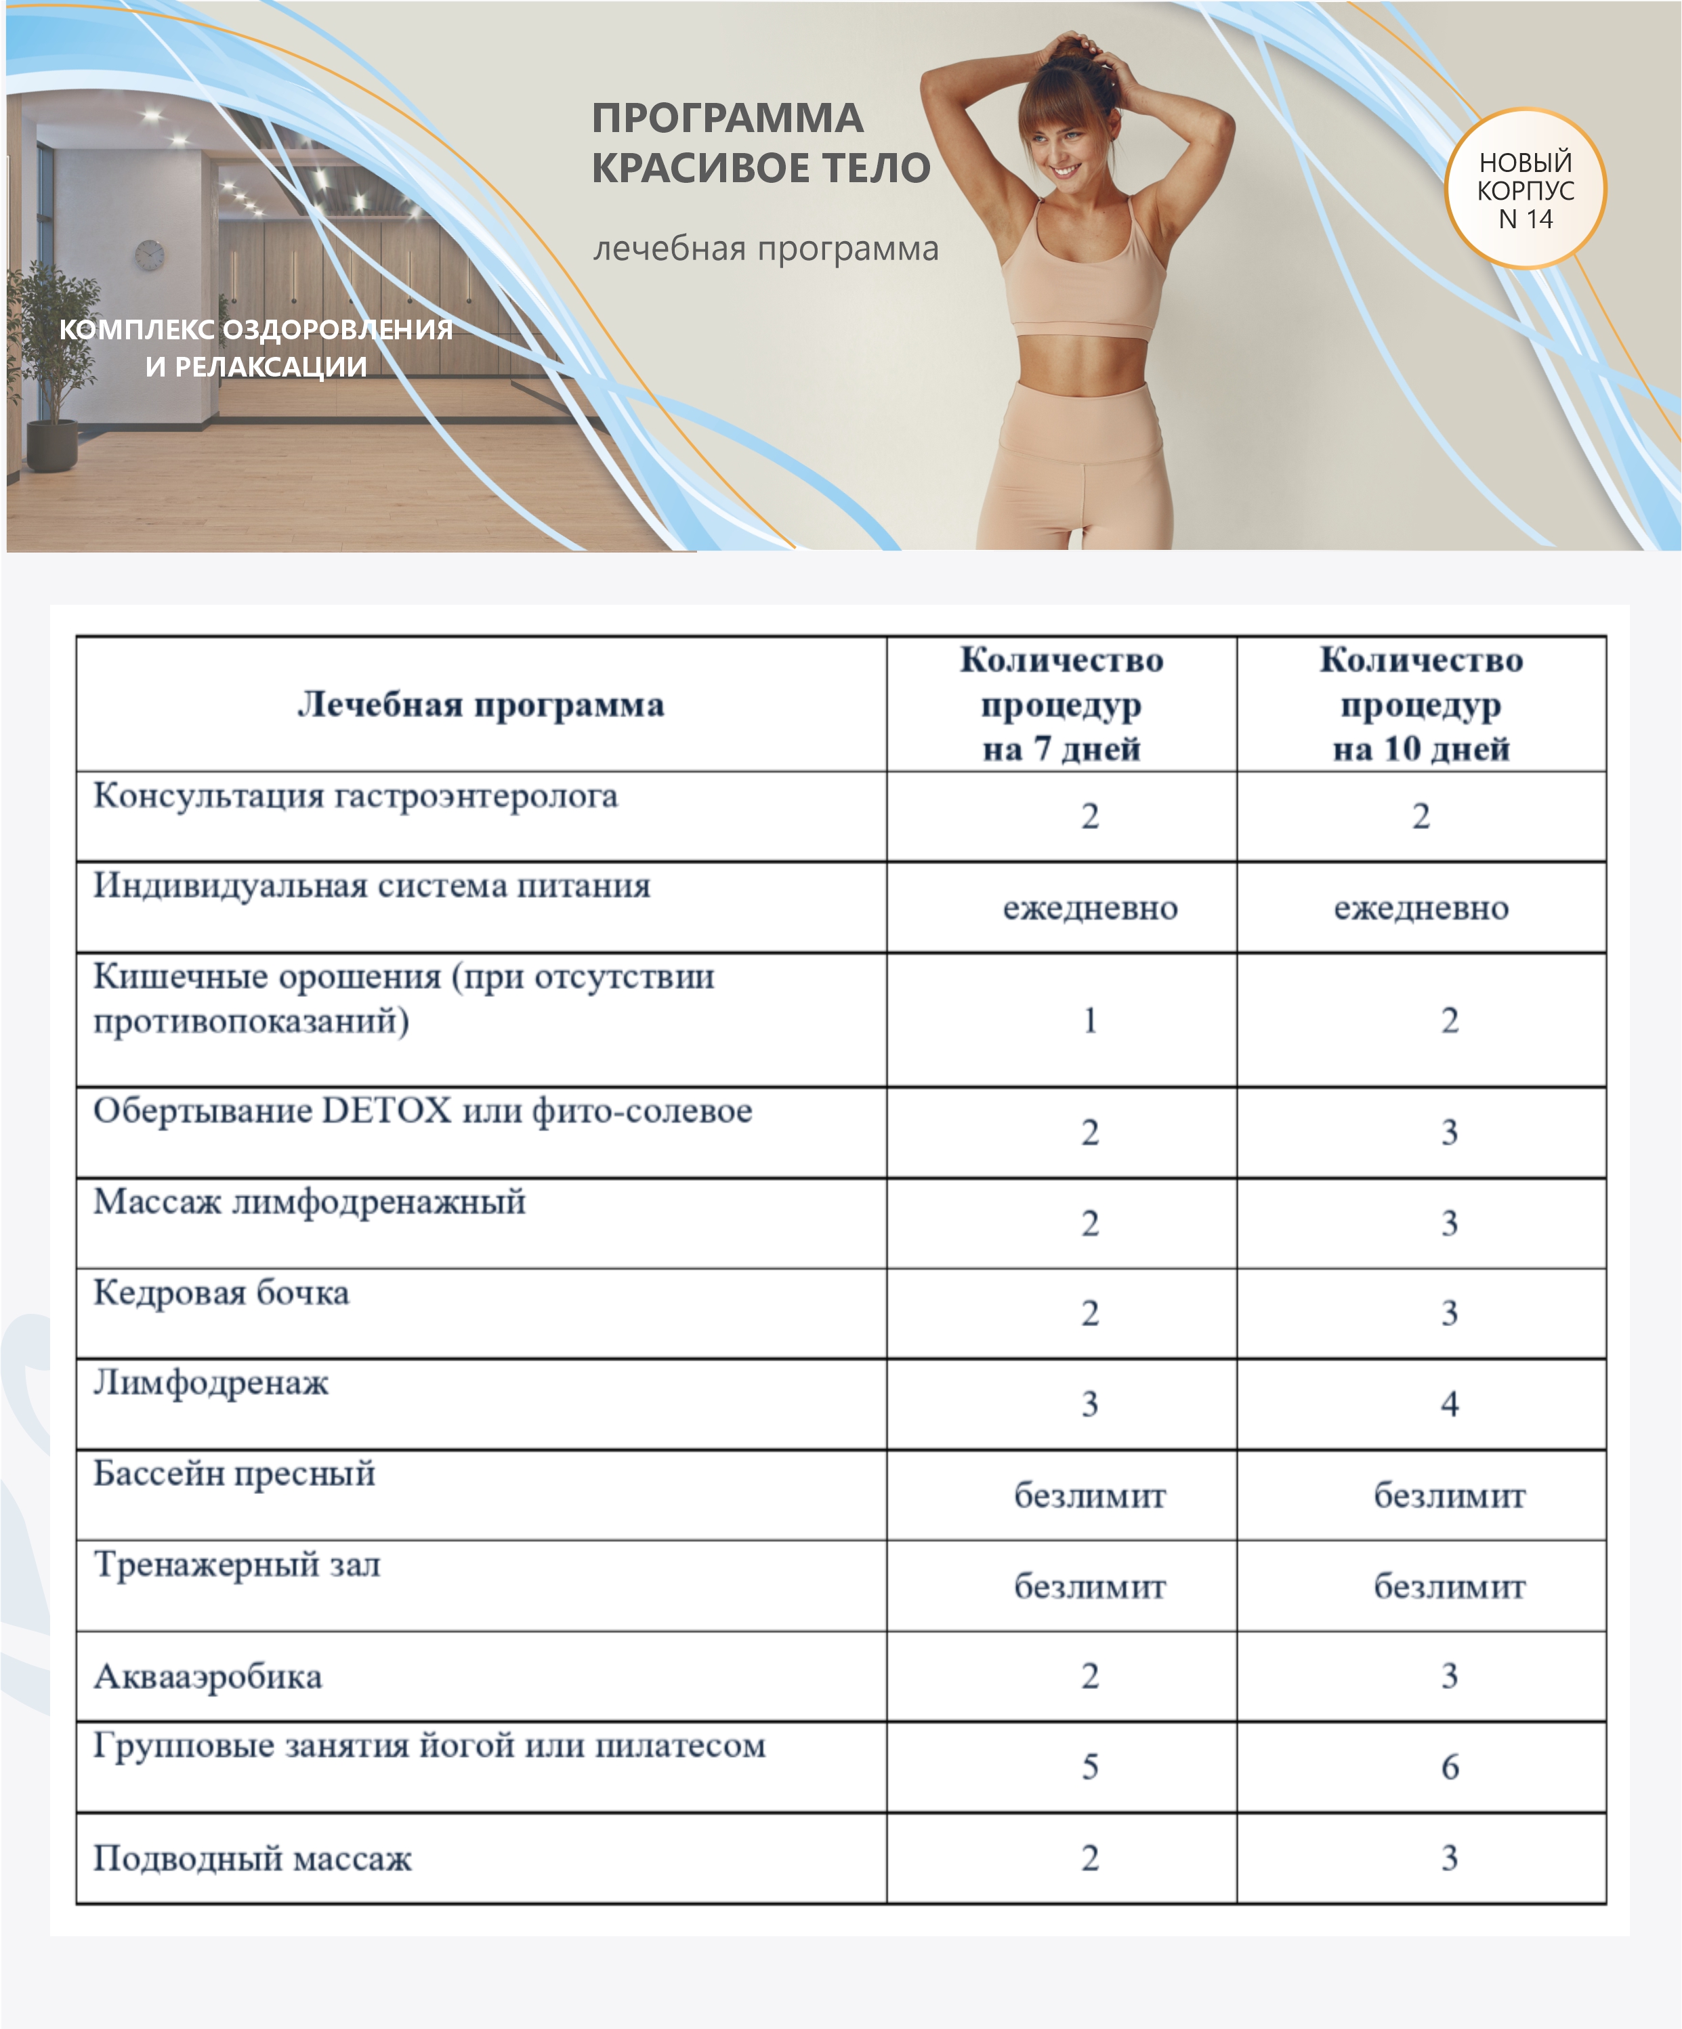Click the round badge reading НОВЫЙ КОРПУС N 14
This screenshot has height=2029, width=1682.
(1524, 190)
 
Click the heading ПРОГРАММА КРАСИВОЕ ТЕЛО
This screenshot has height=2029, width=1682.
(760, 143)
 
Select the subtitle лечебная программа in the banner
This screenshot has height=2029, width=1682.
(765, 249)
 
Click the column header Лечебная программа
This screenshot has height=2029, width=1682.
(480, 704)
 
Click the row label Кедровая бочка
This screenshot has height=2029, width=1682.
(220, 1293)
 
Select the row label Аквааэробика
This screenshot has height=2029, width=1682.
(208, 1676)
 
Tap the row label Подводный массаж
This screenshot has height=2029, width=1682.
(252, 1857)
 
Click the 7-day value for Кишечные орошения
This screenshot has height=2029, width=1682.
(1089, 1021)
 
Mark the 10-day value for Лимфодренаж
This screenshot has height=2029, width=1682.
(1449, 1403)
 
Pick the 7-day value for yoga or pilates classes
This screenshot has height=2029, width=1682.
(1089, 1766)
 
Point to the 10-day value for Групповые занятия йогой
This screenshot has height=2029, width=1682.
(1449, 1766)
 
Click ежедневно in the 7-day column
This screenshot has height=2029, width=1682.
(1089, 908)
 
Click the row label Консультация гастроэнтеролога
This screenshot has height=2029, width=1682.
(355, 796)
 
